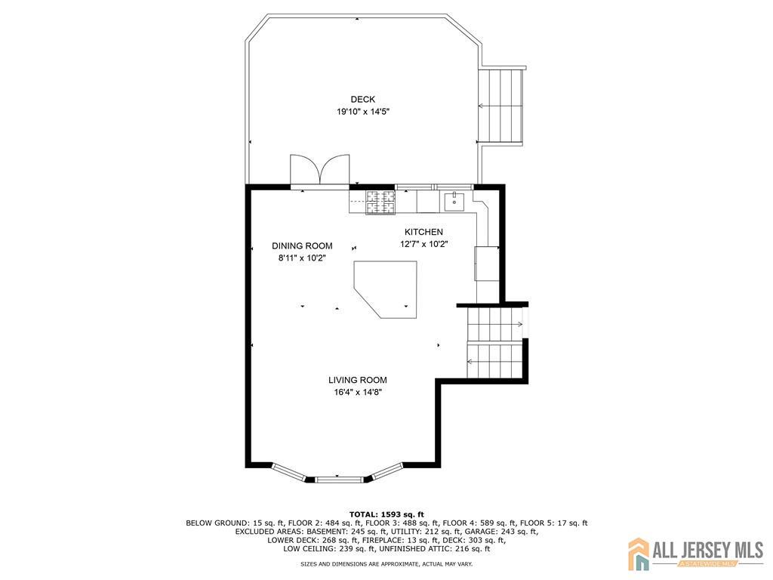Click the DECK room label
[x=363, y=100]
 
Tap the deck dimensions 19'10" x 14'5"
[x=363, y=112]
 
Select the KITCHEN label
[x=423, y=232]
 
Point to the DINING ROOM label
[x=302, y=245]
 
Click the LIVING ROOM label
[x=358, y=380]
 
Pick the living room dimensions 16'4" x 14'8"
[x=358, y=393]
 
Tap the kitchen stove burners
[x=380, y=202]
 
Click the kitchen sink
[x=454, y=201]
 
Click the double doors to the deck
[x=320, y=171]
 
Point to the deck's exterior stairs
[x=501, y=106]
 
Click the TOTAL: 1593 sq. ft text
[x=386, y=514]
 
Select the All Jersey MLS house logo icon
[x=639, y=554]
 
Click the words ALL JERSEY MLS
[x=708, y=550]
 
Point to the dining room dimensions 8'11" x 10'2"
[x=302, y=258]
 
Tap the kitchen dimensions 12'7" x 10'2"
[x=423, y=244]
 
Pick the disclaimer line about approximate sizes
[x=386, y=563]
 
